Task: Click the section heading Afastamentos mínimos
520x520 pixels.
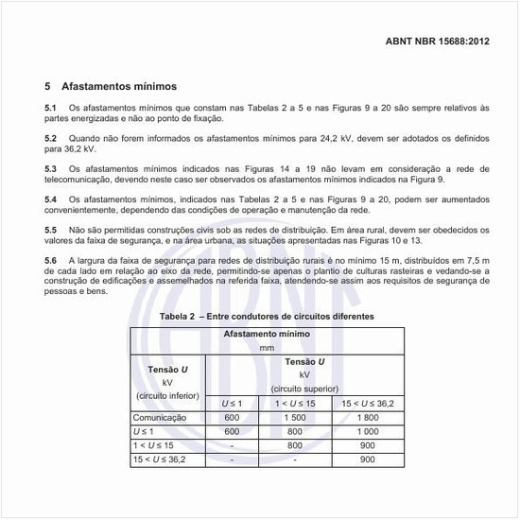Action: coord(118,86)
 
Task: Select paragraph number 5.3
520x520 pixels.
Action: coord(51,168)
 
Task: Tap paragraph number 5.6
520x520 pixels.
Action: coord(51,259)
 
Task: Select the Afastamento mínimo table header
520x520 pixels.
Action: coord(267,335)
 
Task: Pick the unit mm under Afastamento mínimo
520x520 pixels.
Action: coord(267,348)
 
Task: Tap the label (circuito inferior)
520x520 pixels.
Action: coord(167,395)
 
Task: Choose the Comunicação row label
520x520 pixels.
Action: coord(161,417)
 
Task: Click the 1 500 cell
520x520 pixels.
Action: coord(294,417)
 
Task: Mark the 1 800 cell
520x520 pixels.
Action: coord(368,417)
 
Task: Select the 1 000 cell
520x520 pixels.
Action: coord(368,431)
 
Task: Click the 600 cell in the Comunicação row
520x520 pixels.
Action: coord(232,417)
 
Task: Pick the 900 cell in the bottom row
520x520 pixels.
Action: coord(368,459)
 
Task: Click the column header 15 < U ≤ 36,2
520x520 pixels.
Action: coord(368,404)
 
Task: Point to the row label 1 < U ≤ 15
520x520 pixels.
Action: coord(153,445)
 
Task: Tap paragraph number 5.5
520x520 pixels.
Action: coord(51,230)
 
